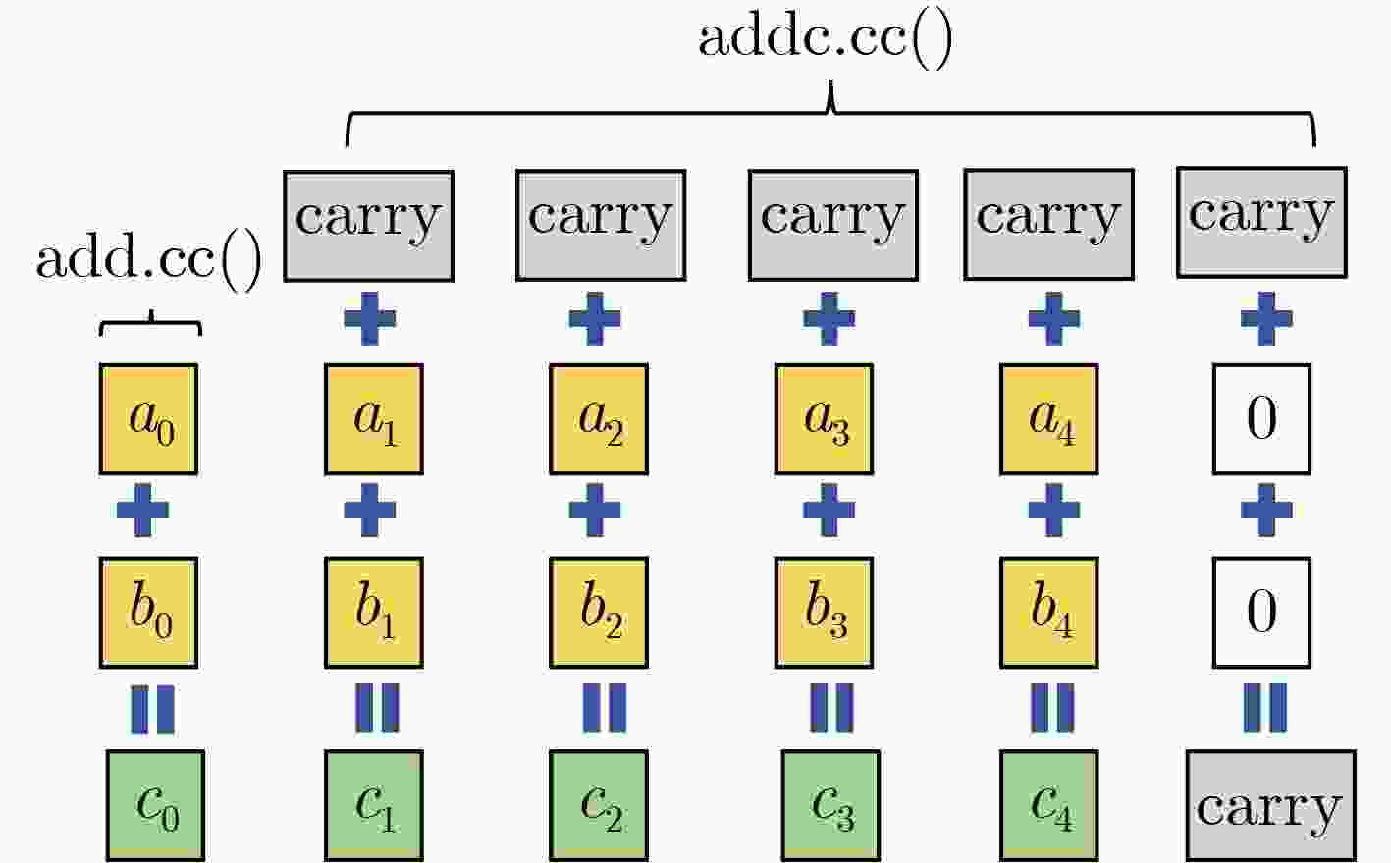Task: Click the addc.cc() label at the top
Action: [x=826, y=38]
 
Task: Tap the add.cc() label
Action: [x=149, y=261]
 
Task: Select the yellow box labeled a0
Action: [x=149, y=419]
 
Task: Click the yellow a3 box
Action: [x=824, y=419]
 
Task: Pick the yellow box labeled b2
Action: [x=599, y=613]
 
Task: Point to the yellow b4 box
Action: [x=1049, y=613]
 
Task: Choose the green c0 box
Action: [x=155, y=805]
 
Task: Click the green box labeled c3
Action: [x=830, y=805]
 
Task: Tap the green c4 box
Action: [x=1049, y=805]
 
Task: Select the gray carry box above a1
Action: [x=369, y=226]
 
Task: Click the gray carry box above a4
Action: [x=1048, y=224]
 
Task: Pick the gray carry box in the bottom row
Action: [x=1271, y=806]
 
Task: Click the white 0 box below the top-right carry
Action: [x=1261, y=419]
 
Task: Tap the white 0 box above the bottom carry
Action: [x=1261, y=613]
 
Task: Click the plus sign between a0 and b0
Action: [x=142, y=511]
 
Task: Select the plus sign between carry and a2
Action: [x=595, y=318]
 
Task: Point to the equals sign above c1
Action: [x=377, y=709]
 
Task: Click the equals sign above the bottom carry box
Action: [x=1265, y=709]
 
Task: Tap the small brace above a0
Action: [x=151, y=323]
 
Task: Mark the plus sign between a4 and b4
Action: [x=1054, y=511]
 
